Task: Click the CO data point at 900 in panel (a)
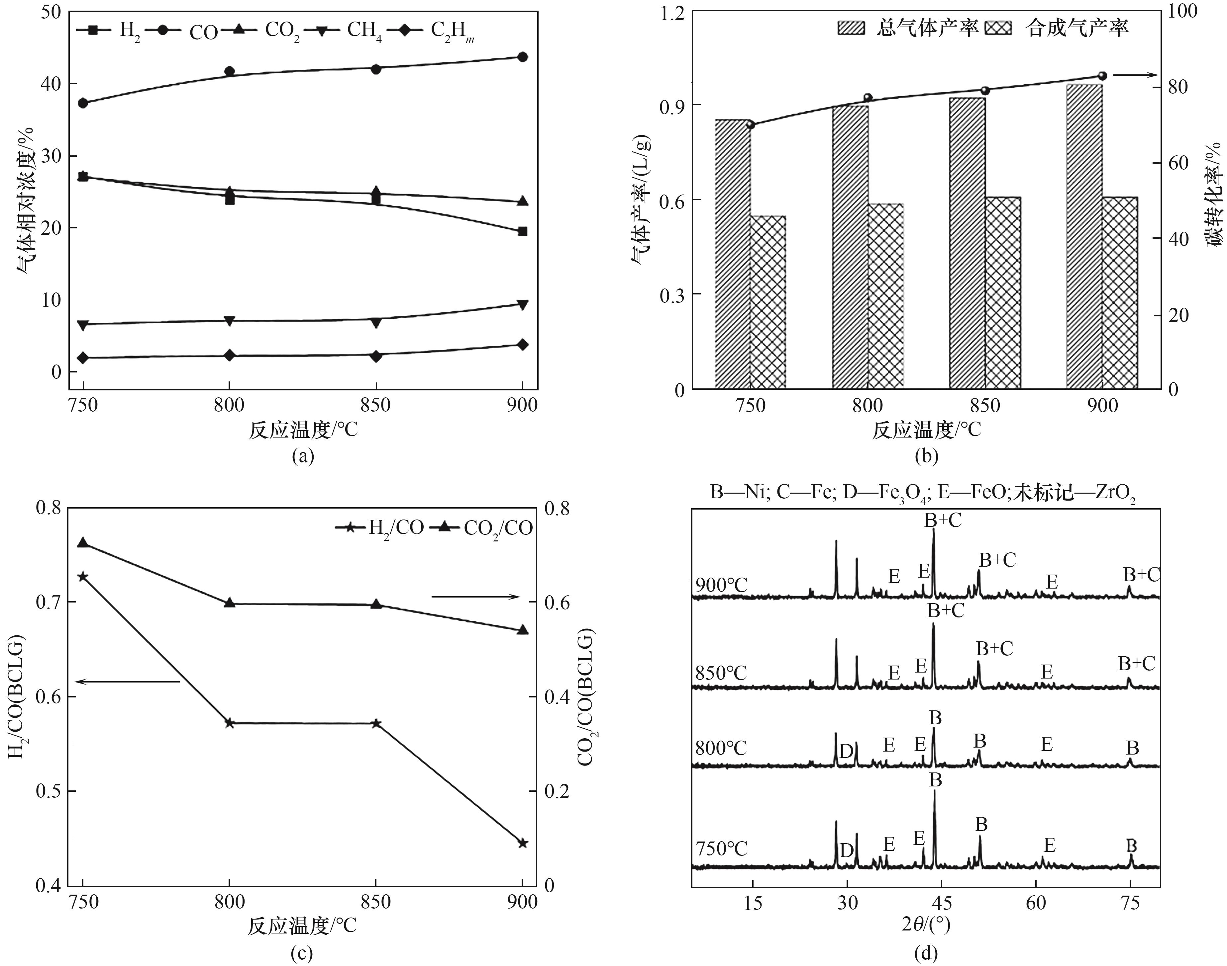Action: point(522,57)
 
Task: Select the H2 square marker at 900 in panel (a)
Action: point(522,231)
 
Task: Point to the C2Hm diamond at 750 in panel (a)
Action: point(83,358)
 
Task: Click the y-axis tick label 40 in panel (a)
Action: point(51,84)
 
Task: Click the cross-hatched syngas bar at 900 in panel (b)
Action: point(1119,293)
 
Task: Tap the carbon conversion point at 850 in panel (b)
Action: point(985,91)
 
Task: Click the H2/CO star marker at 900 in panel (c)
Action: point(522,843)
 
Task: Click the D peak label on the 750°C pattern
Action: point(846,850)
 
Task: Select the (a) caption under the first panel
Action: point(302,456)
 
